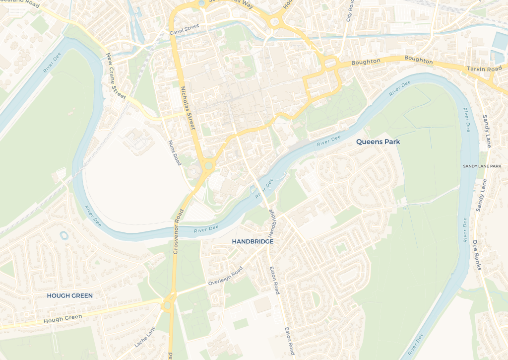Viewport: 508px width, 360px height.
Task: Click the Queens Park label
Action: click(378, 142)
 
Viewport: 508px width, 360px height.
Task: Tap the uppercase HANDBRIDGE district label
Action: click(253, 241)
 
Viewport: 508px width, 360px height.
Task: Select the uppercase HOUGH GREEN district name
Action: click(69, 295)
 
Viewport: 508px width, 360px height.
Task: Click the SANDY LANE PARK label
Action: click(482, 166)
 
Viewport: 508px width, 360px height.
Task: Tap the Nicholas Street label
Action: click(188, 106)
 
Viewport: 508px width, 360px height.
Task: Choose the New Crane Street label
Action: click(117, 76)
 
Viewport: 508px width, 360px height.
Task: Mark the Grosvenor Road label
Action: click(179, 232)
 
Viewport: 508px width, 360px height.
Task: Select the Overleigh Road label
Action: click(225, 276)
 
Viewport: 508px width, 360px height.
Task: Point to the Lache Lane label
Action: click(145, 337)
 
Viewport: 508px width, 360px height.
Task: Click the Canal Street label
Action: click(184, 29)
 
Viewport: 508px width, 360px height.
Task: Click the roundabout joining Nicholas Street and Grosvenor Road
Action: click(208, 165)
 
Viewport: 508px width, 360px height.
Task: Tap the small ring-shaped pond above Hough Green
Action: click(63, 235)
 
